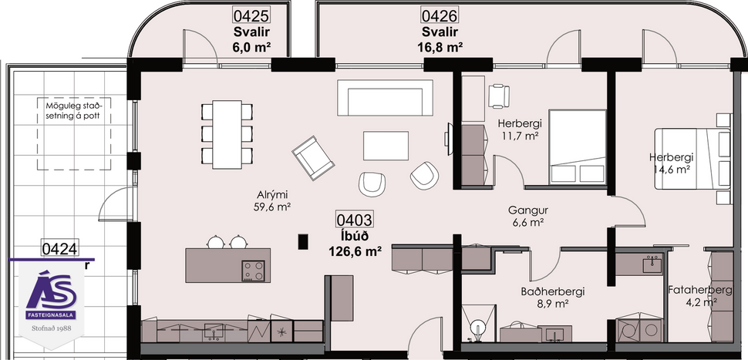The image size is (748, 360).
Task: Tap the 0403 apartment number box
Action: point(357,220)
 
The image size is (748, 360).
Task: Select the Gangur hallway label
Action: point(527,210)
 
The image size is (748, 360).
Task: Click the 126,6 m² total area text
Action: point(356,251)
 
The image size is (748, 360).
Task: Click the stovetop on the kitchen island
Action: point(254,270)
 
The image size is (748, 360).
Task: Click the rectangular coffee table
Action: point(386,145)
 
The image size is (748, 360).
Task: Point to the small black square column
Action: point(303,241)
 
